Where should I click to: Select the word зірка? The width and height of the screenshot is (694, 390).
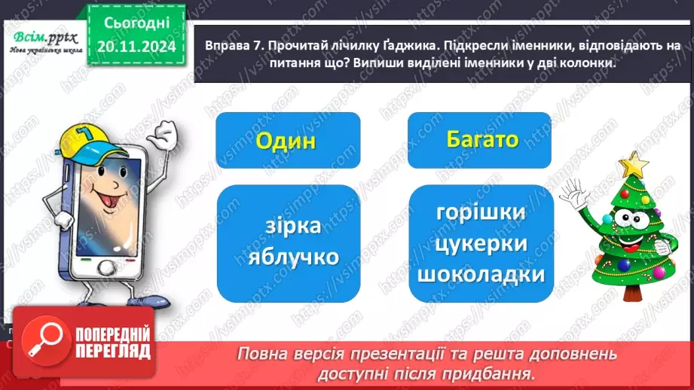point(293,226)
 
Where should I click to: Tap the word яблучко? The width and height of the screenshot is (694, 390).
point(293,257)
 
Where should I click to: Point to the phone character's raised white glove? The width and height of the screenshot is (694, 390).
point(161,139)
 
